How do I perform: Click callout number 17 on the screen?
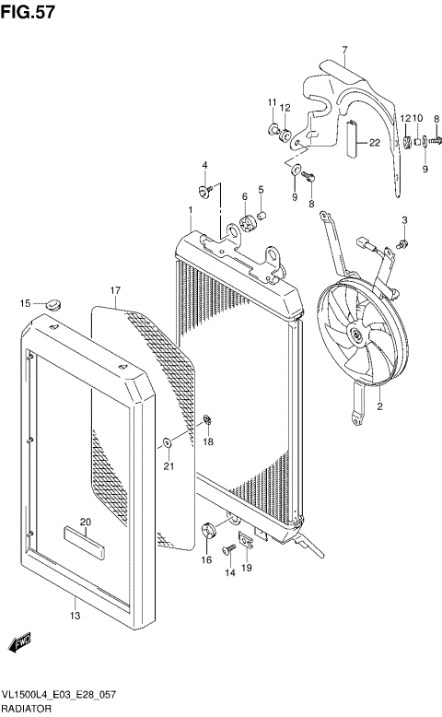115,291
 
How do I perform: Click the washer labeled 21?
168,443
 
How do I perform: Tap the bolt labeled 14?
229,550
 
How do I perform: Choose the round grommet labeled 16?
206,531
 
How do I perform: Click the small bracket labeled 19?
247,543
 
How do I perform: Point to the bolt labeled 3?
404,242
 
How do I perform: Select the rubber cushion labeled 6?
246,222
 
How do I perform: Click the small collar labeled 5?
262,217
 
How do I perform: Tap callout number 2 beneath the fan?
378,406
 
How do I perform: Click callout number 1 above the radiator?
190,210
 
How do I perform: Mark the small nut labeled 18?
208,422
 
